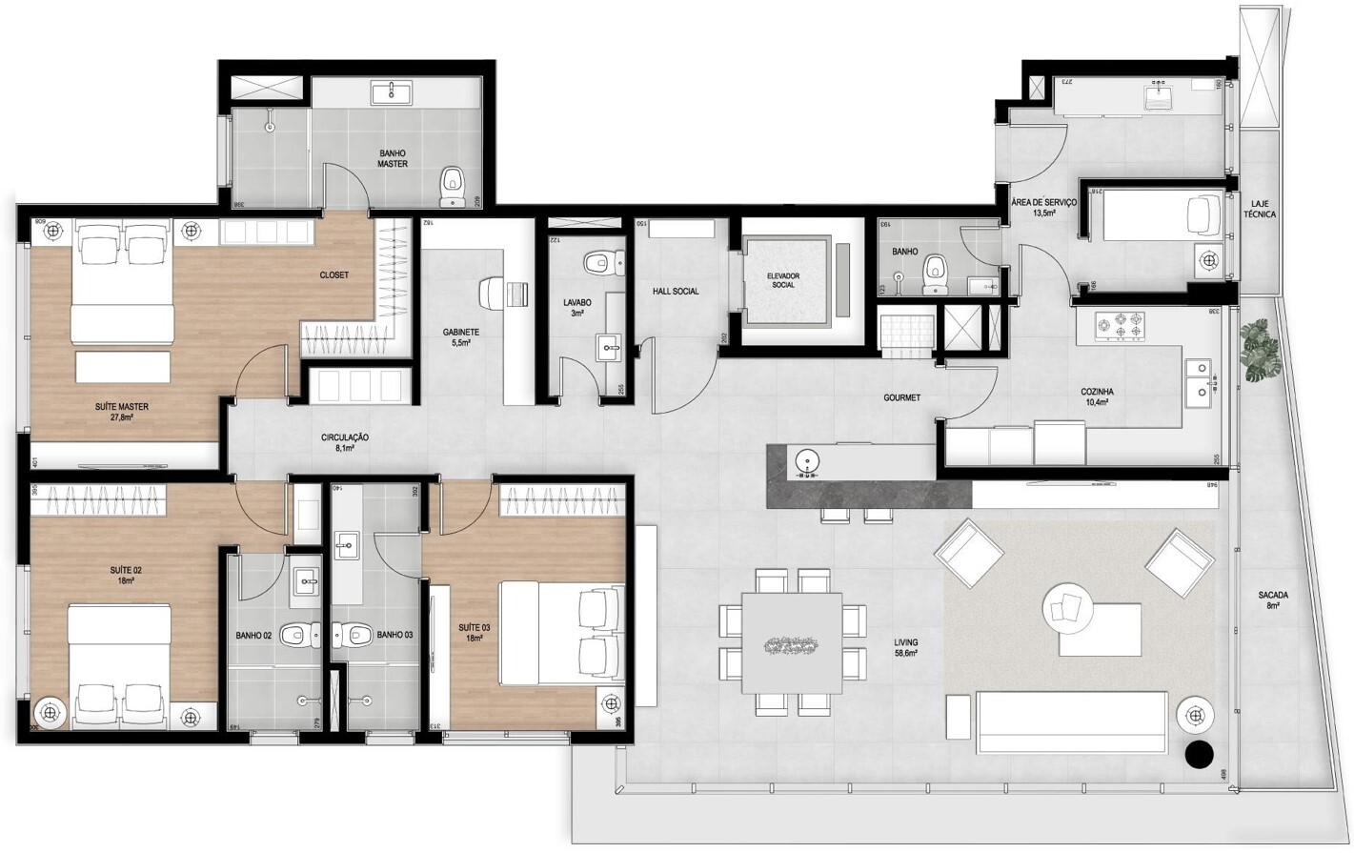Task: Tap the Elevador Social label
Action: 782,280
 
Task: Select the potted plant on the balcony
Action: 1261,351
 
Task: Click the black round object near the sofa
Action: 1200,754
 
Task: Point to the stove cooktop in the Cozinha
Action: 1120,325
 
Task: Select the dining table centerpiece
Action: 791,646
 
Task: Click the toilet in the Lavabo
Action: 598,262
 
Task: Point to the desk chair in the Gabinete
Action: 492,291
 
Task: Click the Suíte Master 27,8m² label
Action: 121,412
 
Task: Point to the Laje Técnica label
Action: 1259,210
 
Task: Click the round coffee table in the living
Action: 1067,607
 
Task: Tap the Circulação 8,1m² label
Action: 345,442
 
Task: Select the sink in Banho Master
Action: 392,92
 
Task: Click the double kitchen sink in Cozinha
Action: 1199,379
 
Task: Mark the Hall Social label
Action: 676,292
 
